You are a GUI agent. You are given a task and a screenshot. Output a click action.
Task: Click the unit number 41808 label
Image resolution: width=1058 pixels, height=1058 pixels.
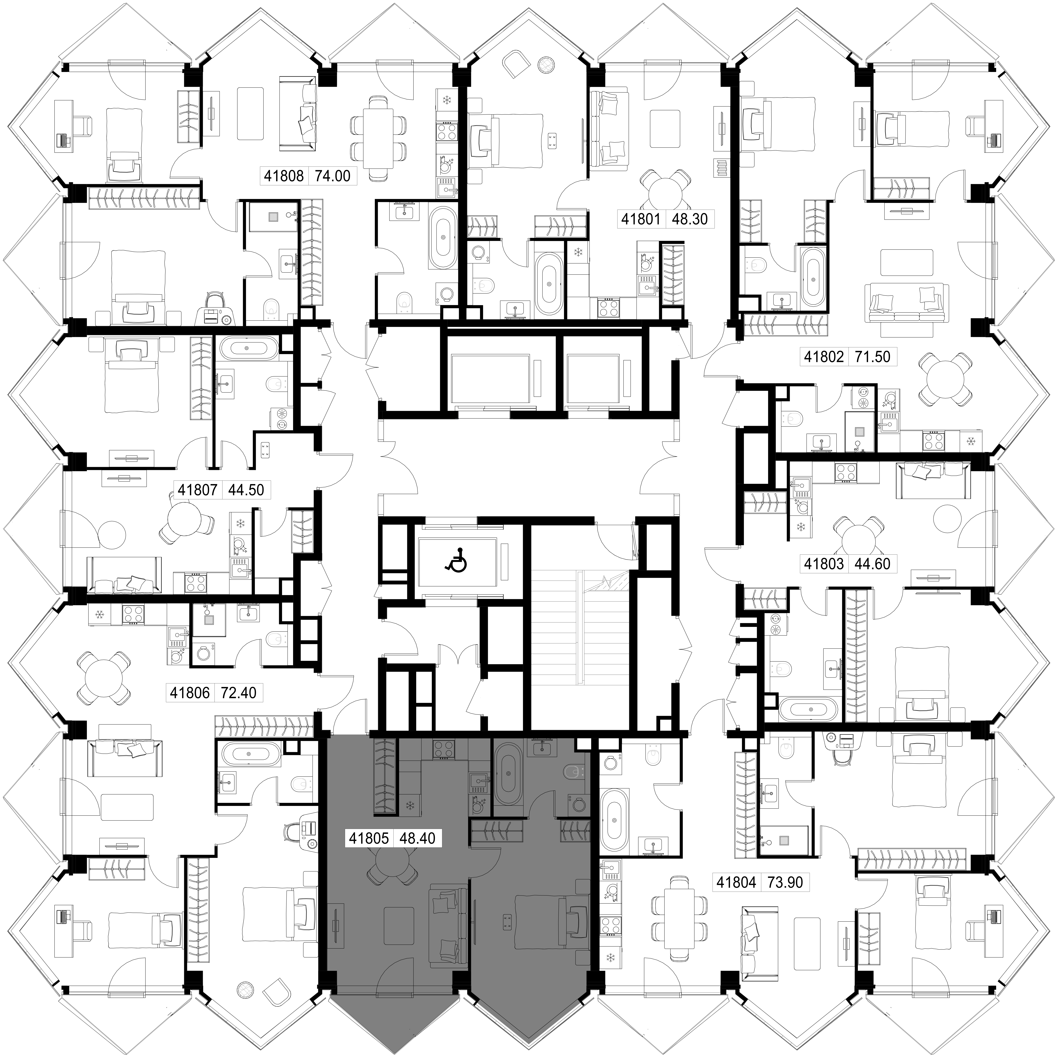[x=284, y=176]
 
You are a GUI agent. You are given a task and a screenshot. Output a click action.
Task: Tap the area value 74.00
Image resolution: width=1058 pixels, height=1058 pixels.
[x=332, y=176]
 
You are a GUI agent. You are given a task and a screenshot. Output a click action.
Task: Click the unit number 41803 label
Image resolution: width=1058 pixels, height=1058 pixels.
[x=824, y=563]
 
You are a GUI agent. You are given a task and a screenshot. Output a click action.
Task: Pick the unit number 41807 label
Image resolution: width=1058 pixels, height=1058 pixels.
[x=198, y=490]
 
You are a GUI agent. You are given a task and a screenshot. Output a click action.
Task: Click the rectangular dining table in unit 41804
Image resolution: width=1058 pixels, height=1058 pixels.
[x=678, y=920]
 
